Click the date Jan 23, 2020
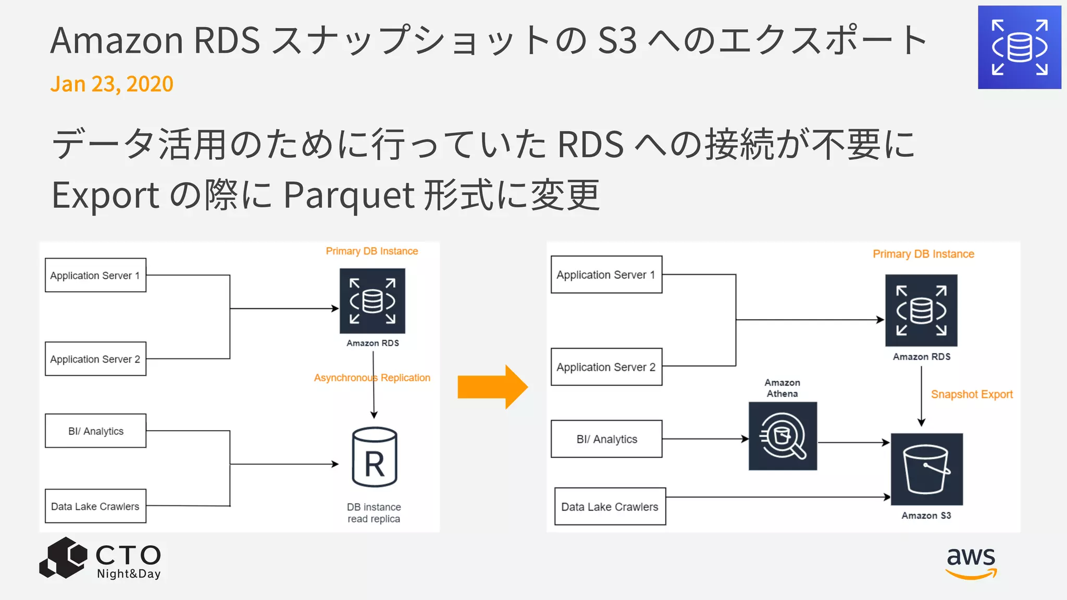pos(111,84)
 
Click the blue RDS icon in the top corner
pos(1019,47)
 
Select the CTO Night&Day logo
pos(100,559)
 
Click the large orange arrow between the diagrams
pos(492,387)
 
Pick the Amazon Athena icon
pos(783,436)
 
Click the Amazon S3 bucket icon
pos(926,469)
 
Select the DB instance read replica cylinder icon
pos(374,457)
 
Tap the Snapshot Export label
pos(972,394)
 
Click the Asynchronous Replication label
pos(372,378)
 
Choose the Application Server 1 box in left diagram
pos(95,275)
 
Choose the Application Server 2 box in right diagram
pos(606,367)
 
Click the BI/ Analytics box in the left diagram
pos(95,431)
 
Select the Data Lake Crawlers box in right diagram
pos(610,506)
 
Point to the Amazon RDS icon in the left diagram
pos(372,301)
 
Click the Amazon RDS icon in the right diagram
pos(921,310)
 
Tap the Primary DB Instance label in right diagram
pos(923,254)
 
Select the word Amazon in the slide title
pos(117,41)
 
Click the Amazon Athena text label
pos(782,388)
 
